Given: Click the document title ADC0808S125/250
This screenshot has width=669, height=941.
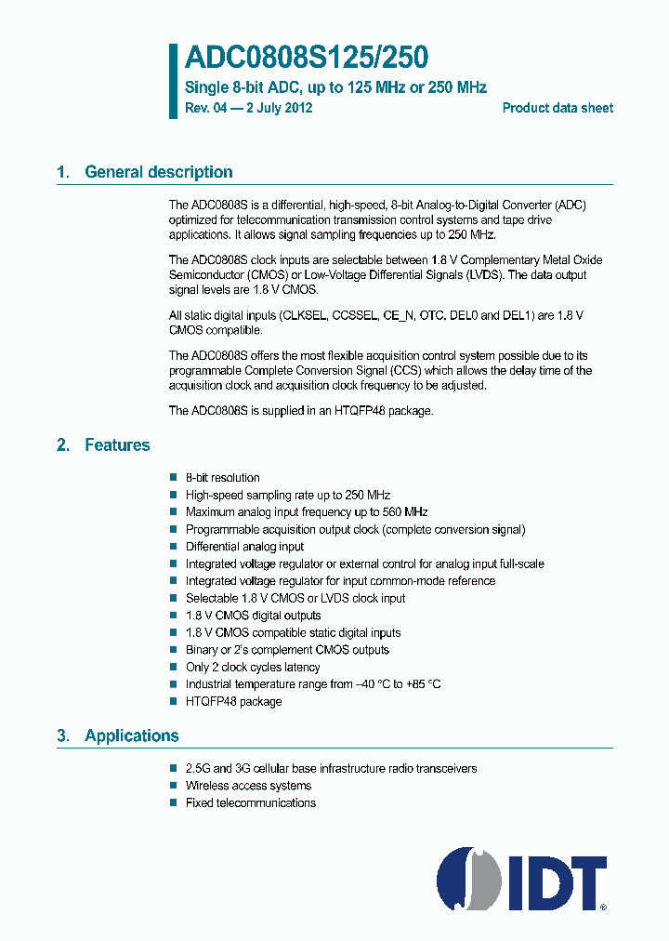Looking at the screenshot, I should (306, 59).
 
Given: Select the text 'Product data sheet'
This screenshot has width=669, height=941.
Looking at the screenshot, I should (557, 108).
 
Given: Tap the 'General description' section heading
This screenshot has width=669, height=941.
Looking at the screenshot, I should (158, 172).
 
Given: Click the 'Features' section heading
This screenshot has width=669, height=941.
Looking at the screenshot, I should (117, 445).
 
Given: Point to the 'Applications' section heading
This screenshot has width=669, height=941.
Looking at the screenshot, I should (131, 736).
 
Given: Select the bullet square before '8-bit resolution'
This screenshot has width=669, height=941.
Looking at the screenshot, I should (173, 478).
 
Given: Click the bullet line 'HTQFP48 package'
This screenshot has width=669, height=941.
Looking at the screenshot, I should (233, 701).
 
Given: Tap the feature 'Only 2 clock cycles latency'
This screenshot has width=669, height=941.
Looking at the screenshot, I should (253, 667).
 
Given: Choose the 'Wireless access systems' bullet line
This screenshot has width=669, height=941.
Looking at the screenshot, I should (248, 786).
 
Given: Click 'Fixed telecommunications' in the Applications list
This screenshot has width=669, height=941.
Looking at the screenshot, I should (251, 802).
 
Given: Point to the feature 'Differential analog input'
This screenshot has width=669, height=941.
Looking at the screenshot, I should (244, 547).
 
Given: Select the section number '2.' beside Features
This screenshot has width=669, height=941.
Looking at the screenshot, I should (63, 445).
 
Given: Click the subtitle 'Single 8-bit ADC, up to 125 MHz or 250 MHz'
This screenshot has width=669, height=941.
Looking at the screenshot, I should (335, 87).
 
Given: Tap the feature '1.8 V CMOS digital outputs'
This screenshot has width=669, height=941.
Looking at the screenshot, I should (253, 616).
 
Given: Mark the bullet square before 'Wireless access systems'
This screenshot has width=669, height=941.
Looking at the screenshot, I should (173, 786).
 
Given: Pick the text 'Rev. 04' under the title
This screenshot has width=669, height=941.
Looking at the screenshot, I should (206, 108).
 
